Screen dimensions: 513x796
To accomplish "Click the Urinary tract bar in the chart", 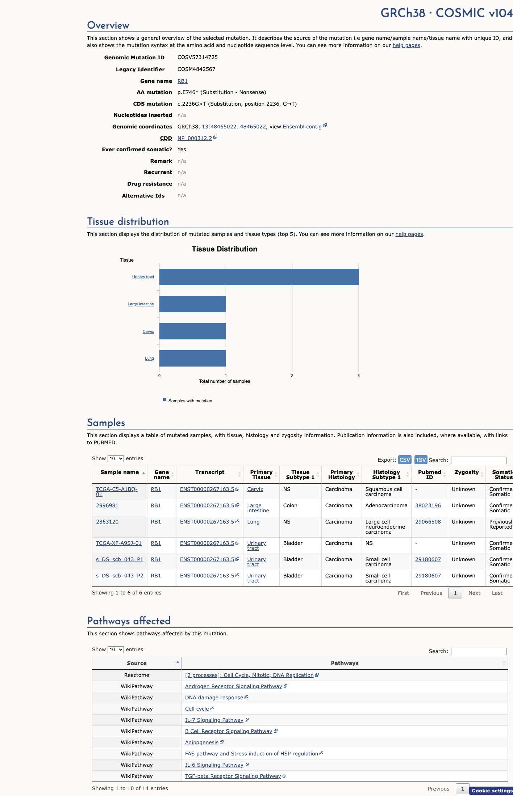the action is coord(259,277).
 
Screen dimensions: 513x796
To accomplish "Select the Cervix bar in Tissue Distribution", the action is coord(193,331).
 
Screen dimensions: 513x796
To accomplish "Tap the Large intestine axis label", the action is coord(141,304).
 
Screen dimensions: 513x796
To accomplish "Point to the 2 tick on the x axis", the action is coord(292,376).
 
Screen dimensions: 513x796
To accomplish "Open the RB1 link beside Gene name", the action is coord(183,81).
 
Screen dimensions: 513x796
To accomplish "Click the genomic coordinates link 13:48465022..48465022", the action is coord(234,127).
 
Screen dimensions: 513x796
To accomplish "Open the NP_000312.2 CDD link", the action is coord(195,138).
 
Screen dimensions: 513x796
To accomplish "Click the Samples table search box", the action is coord(479,460).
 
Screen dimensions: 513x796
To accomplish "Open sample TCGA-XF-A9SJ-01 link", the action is coord(118,543).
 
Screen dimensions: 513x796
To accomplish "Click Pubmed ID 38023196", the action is coord(428,505).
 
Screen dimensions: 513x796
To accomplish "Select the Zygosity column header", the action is coord(467,472).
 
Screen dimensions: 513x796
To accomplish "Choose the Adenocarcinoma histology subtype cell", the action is coord(386,505).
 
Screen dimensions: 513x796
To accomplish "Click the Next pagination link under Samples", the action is coord(474,593).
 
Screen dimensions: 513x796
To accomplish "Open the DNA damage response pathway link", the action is coord(214,698).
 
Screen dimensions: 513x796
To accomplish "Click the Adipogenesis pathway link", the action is coord(202,742).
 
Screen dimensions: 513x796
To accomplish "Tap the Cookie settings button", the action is coord(492,791).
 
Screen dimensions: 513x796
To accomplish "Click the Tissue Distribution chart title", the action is coord(225,249).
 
